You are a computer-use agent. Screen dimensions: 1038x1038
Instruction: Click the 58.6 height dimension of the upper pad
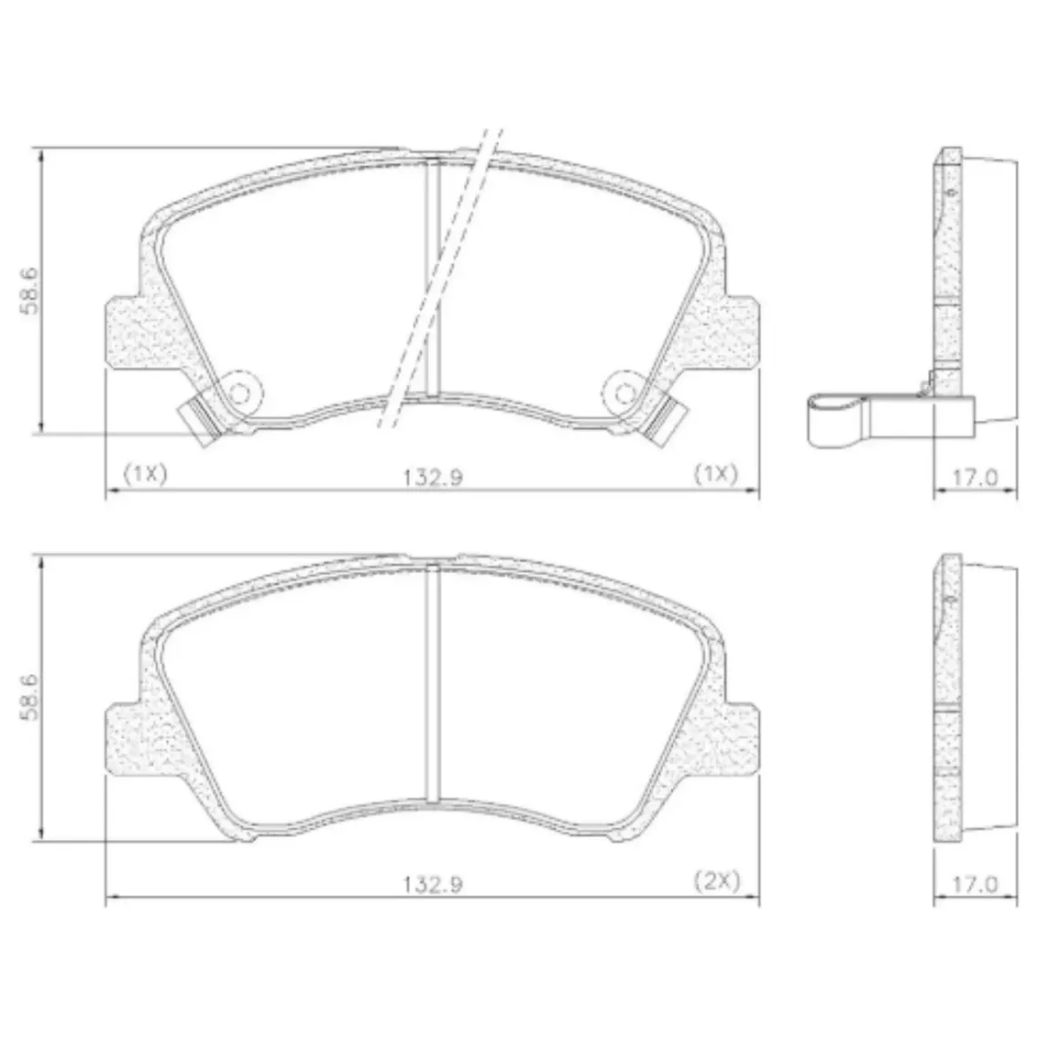(30, 291)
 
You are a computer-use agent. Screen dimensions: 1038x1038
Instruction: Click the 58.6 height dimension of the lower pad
(30, 697)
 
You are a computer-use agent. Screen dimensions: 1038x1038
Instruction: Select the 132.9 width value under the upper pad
(434, 477)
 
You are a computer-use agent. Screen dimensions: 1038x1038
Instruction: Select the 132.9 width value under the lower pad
(434, 884)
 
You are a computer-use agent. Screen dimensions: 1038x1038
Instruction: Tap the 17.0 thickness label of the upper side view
(975, 477)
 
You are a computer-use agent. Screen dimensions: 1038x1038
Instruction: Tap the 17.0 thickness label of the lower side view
(975, 884)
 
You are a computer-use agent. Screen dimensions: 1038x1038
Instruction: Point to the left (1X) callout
(145, 473)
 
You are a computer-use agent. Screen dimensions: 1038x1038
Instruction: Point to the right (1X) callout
(715, 473)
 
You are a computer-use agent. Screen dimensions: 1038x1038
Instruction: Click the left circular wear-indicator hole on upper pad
(240, 394)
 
